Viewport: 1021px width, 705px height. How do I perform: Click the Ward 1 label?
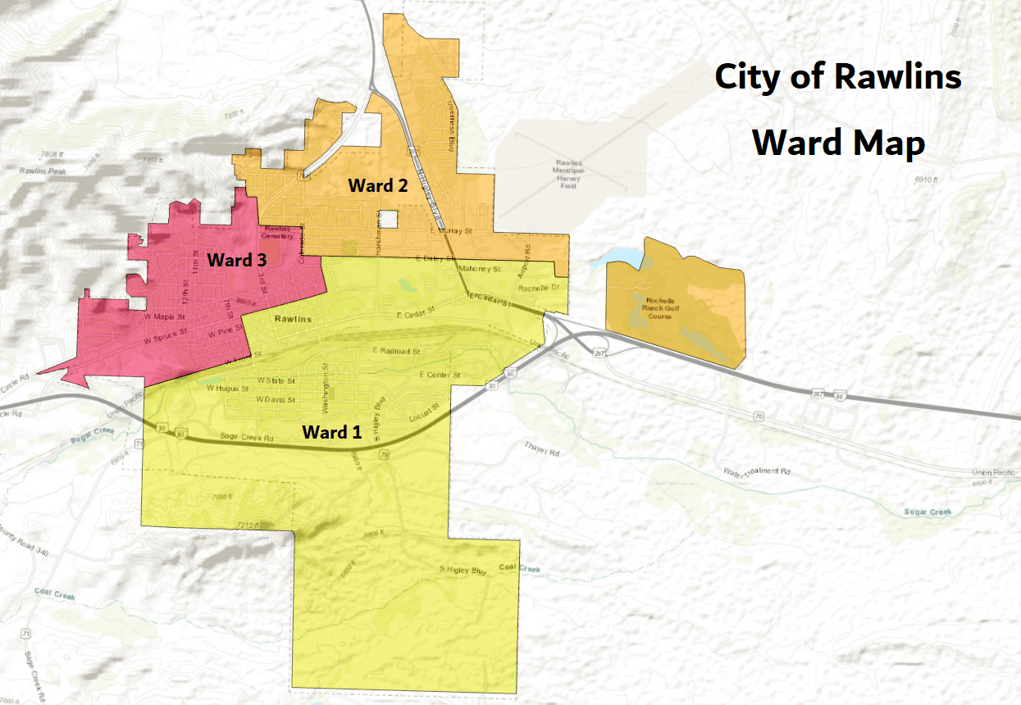[332, 431]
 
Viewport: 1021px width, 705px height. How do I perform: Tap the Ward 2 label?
[377, 185]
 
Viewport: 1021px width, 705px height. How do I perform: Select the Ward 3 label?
[236, 260]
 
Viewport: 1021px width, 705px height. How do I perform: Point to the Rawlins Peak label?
[43, 171]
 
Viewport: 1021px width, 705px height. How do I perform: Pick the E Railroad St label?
[395, 351]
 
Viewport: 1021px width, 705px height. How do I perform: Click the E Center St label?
[439, 375]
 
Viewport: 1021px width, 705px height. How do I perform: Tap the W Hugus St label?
[227, 388]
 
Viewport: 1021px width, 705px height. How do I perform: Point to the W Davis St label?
[275, 399]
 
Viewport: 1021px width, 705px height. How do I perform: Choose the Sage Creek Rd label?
[247, 437]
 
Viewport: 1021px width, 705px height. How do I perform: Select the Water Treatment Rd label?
[755, 472]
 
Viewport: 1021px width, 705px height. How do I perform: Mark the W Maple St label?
[161, 316]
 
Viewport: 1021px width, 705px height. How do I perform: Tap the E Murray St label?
[456, 232]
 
